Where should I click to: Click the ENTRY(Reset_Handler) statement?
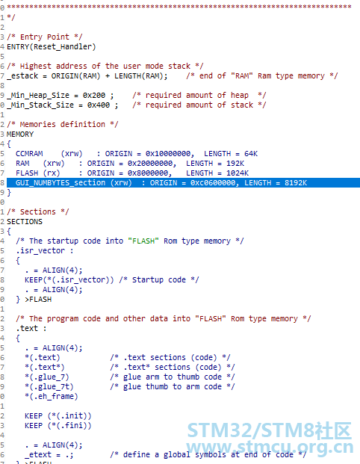(x=52, y=47)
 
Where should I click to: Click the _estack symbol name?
(x=22, y=76)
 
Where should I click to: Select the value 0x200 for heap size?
(x=94, y=96)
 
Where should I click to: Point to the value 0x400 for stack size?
(x=98, y=105)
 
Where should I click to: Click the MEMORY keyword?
(x=20, y=134)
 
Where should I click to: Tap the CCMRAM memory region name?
(x=29, y=154)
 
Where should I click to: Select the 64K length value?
(x=251, y=154)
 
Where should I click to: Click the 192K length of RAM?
(x=235, y=164)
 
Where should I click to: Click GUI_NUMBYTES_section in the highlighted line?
(x=60, y=183)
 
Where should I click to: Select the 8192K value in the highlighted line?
(x=296, y=183)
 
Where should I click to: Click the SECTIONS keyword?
(x=25, y=222)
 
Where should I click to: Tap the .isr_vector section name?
(x=40, y=250)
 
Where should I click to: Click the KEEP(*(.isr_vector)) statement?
(x=69, y=280)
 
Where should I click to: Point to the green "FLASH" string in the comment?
(x=143, y=241)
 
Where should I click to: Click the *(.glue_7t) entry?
(x=49, y=387)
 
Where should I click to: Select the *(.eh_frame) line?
(x=52, y=397)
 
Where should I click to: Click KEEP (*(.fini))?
(x=58, y=426)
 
